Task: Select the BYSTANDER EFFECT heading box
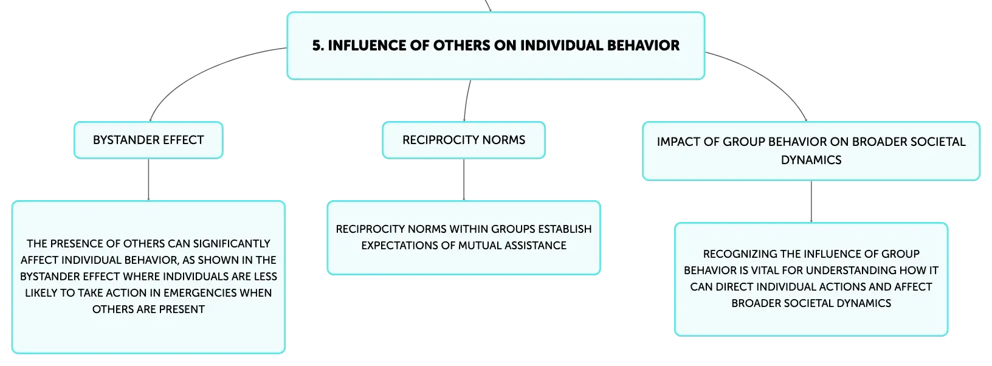point(148,140)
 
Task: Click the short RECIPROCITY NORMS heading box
point(464,140)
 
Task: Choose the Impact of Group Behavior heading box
point(811,151)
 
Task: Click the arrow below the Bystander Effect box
point(148,179)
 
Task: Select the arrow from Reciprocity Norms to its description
point(464,179)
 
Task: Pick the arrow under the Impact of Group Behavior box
point(811,202)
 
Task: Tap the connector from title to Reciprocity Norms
point(466,100)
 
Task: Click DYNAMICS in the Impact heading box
point(811,160)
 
